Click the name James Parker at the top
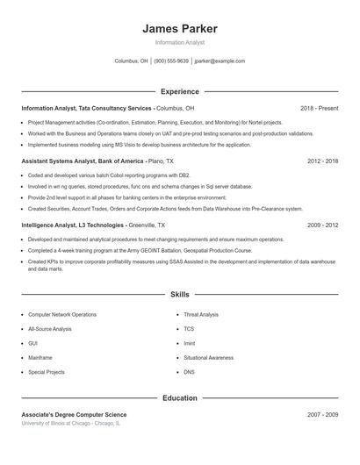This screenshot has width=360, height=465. [x=179, y=28]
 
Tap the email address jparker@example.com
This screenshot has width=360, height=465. [x=220, y=61]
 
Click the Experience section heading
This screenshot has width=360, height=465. [x=179, y=91]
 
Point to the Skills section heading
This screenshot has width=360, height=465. [x=179, y=296]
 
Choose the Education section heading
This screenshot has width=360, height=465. [x=179, y=398]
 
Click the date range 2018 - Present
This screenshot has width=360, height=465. [x=319, y=108]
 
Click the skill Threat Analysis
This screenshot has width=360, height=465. [x=201, y=314]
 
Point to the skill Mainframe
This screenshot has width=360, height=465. [x=40, y=358]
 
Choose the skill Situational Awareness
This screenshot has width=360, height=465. [x=208, y=358]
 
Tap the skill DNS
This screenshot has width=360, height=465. [x=189, y=372]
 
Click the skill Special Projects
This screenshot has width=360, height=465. [x=47, y=372]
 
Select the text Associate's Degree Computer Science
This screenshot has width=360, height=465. [x=74, y=414]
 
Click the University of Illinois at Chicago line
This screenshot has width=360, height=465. [x=71, y=423]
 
